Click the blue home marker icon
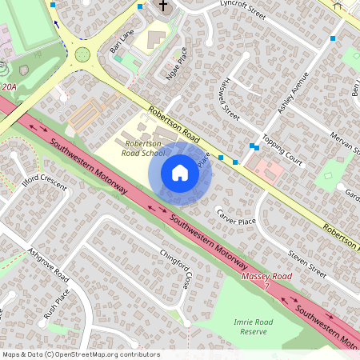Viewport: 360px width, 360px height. [180, 173]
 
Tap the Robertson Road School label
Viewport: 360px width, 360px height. [144, 147]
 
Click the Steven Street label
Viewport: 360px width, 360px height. [307, 265]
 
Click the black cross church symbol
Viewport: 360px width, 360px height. [163, 6]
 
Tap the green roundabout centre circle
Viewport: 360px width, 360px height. [82, 54]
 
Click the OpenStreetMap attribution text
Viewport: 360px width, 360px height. [81, 354]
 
